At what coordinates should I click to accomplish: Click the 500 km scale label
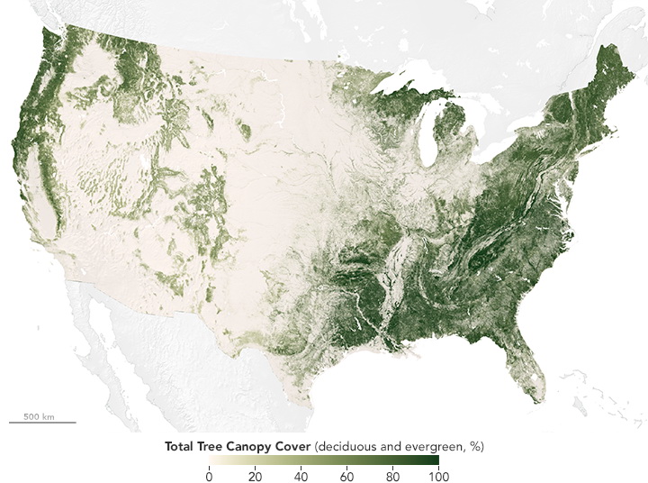coord(40,416)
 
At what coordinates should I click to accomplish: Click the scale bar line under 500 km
coord(42,422)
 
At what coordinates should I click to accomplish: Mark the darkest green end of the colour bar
coord(436,460)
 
